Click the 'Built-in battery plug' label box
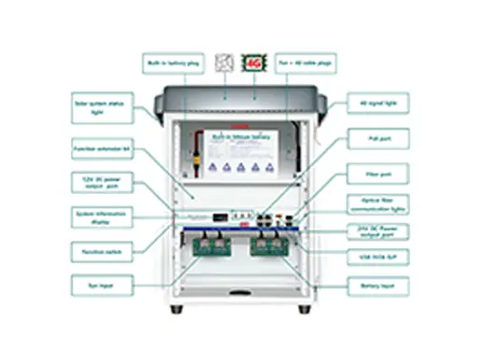tap(172, 64)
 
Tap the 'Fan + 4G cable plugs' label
tap(306, 64)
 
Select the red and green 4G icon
tap(253, 63)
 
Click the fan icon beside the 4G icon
tap(224, 63)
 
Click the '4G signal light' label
tap(377, 104)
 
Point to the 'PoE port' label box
tap(377, 138)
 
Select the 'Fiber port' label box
tap(377, 173)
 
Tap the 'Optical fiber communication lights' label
tap(377, 204)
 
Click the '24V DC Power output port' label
tap(377, 228)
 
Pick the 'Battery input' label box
tap(377, 284)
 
